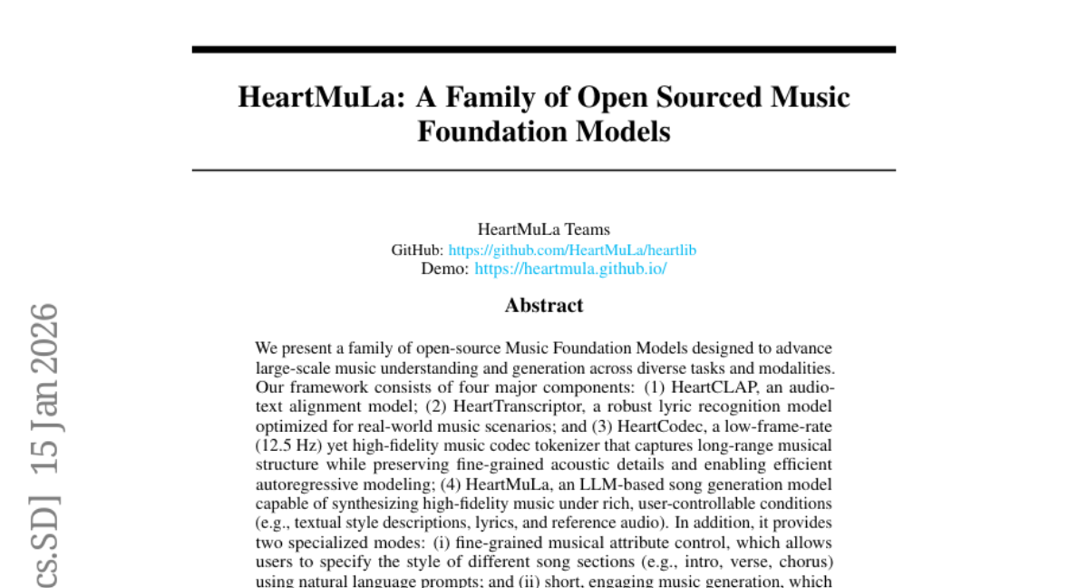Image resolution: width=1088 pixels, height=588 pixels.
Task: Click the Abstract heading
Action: click(544, 305)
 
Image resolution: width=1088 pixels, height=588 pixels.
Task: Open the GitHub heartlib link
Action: click(572, 250)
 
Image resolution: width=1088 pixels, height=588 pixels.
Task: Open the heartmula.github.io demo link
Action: click(570, 269)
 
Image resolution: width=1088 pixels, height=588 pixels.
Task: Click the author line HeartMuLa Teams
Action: click(544, 230)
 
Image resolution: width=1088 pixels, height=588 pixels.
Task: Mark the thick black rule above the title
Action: click(544, 49)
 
